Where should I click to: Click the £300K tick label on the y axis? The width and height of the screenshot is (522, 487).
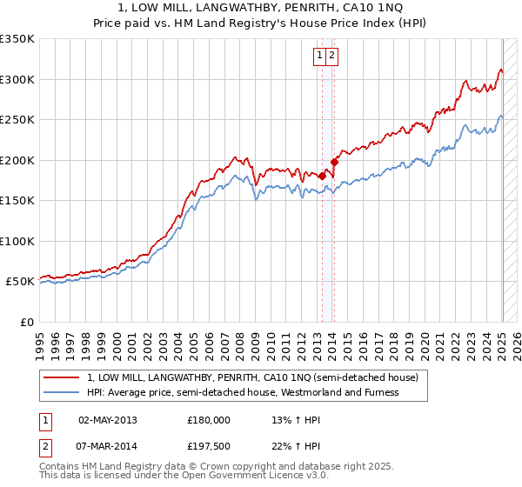point(17,79)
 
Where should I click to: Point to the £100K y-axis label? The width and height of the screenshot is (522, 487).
point(17,241)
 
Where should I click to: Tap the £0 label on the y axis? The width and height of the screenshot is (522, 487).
point(27,322)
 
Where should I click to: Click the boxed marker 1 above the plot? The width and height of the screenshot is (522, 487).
point(320,56)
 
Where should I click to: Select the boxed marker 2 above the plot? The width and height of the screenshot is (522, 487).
point(332,56)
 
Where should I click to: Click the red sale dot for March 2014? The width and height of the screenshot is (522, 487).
point(334,162)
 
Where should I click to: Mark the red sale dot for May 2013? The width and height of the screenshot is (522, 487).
point(322,176)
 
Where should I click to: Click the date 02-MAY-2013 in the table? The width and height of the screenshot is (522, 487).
point(107,420)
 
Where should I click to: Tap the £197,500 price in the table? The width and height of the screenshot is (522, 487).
point(209,446)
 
